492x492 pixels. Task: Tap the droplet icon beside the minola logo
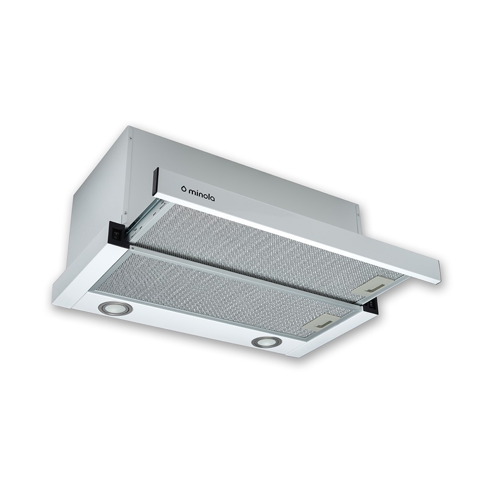[x=184, y=188]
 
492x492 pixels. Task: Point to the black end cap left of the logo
[x=154, y=180]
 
